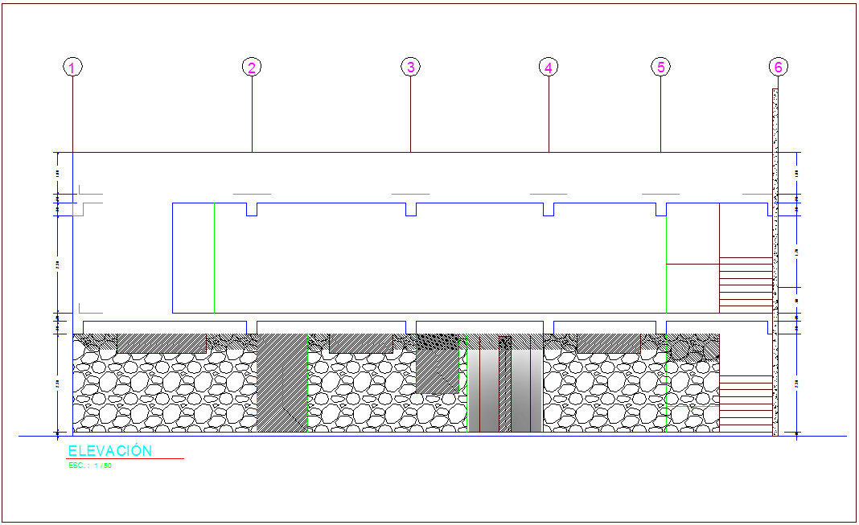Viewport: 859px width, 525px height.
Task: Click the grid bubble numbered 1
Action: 73,68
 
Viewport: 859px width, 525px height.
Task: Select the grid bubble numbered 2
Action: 252,68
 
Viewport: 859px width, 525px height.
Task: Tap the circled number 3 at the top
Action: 410,67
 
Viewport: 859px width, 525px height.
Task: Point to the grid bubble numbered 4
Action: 549,68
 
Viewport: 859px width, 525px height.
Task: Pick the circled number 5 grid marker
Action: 660,68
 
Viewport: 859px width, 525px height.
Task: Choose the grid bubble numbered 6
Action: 778,68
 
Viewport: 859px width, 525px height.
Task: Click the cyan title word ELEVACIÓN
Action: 109,451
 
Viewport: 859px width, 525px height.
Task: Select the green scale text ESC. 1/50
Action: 90,466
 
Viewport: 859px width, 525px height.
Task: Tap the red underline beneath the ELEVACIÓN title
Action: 125,459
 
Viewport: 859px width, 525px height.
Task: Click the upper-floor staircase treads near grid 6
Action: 745,284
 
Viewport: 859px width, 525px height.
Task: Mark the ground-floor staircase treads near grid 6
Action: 746,403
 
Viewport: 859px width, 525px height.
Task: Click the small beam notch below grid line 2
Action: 252,210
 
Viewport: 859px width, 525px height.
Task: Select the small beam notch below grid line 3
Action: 410,210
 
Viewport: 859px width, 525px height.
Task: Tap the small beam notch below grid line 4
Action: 549,210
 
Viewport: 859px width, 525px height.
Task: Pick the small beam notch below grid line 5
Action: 660,210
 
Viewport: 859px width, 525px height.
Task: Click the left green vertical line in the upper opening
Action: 214,257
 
